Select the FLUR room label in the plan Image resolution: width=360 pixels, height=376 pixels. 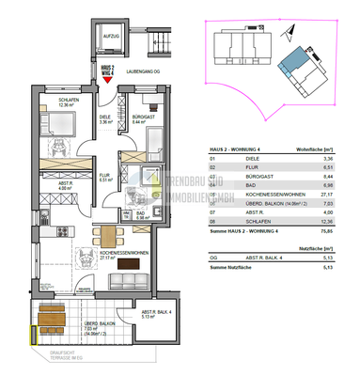[105, 180]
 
